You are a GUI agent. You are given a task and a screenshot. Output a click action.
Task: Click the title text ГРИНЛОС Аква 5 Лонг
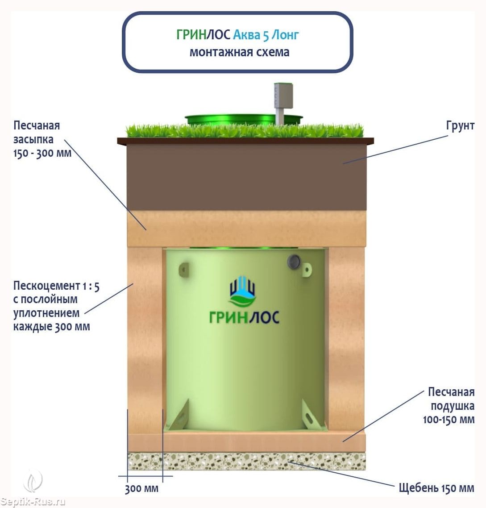point(237,35)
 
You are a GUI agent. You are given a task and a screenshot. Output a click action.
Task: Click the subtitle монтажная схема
point(240,52)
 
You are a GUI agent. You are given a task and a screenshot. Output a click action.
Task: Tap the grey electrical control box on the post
point(283,96)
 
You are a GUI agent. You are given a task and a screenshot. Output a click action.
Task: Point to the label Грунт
point(460,126)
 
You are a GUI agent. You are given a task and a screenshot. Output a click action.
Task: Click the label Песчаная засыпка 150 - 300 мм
point(42,139)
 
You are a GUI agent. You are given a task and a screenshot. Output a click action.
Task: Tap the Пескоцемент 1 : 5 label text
point(56,306)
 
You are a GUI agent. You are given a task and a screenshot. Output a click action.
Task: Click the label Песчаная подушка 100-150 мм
point(449,406)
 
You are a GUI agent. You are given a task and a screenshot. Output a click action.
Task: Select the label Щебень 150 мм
point(436,488)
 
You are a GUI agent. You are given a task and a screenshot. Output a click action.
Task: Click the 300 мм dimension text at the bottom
point(141,488)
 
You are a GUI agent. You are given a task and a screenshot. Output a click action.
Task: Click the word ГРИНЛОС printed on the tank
point(244,317)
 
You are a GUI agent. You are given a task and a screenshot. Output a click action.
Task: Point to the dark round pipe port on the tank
point(294,261)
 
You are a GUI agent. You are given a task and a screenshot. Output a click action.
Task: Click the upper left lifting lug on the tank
point(184,269)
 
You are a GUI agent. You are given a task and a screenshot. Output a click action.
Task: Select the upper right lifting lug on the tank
point(307,269)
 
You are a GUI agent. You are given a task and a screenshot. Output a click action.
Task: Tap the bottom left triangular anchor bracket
point(178,416)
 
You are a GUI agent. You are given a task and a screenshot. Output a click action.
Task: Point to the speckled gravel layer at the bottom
point(246,461)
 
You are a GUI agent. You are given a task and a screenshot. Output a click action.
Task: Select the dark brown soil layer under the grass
point(246,177)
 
